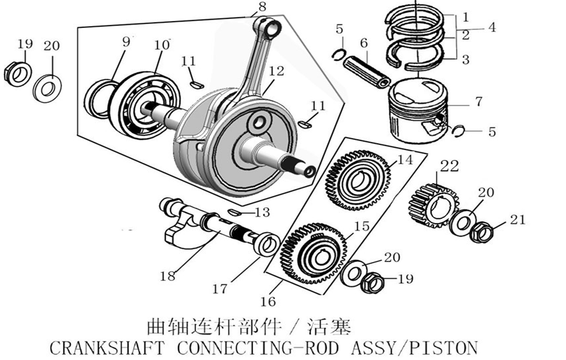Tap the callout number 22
coord(449,167)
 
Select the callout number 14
coord(404,160)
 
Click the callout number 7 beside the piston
coord(478,101)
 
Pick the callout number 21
coord(518,221)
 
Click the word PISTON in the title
coord(443,348)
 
